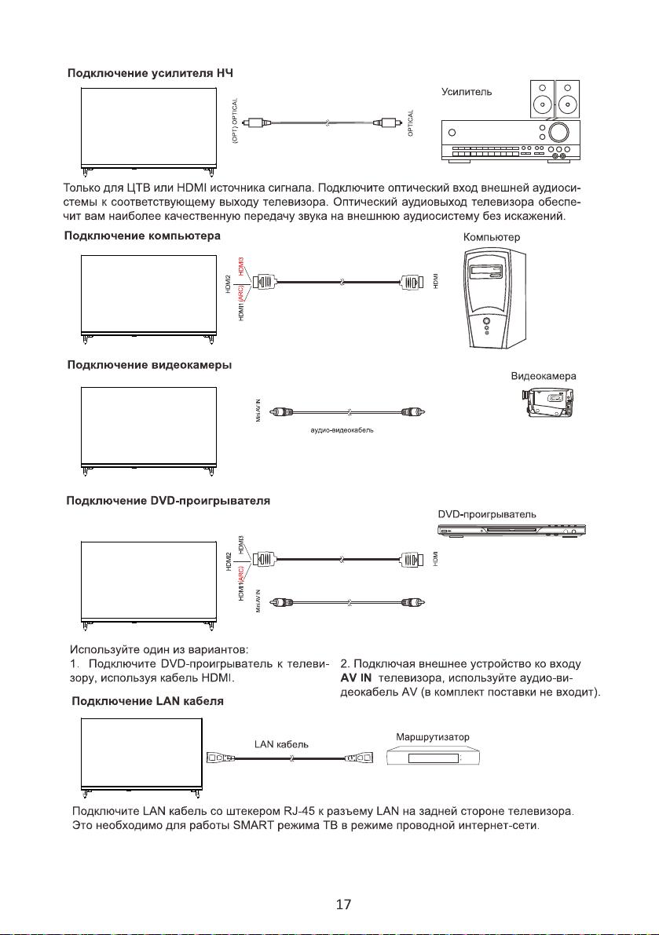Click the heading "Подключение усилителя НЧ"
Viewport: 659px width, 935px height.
[149, 73]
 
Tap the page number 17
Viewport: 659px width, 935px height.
[342, 904]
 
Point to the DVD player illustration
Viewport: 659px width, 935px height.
[511, 531]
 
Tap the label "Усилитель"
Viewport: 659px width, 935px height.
[467, 92]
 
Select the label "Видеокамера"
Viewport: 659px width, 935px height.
[544, 376]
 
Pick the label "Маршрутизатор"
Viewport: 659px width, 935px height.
[433, 737]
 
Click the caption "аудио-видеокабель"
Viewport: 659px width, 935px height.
[342, 434]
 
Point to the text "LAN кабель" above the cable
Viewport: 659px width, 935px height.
[280, 743]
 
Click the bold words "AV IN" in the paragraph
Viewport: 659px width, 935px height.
[357, 678]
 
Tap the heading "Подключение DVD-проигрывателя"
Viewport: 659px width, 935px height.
[169, 502]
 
